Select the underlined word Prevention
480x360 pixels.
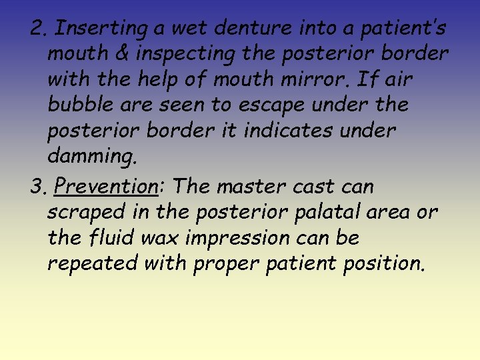(107, 186)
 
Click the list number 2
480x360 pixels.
(37, 29)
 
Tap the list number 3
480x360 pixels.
(37, 186)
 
